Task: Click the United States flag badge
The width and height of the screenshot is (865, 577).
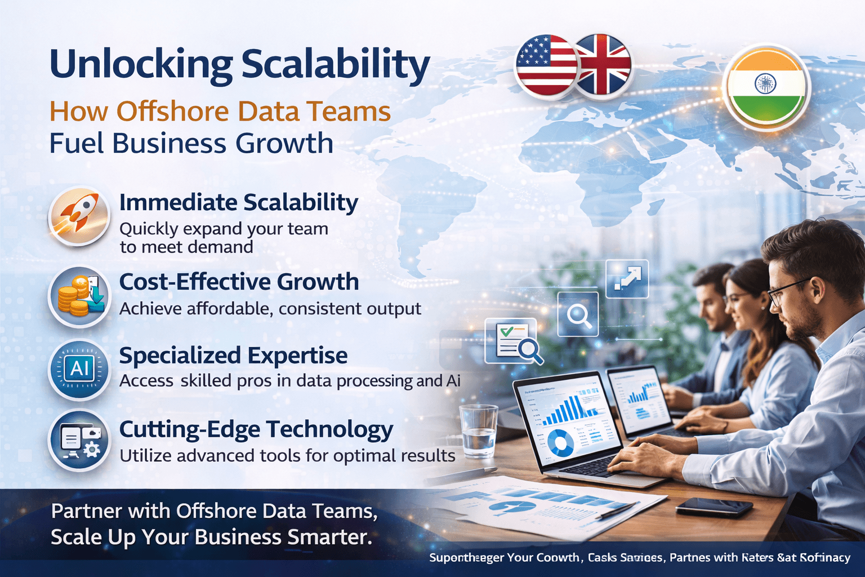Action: pos(545,65)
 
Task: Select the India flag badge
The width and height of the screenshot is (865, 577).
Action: pos(766,87)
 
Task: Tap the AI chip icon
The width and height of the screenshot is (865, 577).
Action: pos(79,369)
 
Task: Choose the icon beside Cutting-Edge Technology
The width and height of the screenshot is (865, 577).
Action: pos(79,440)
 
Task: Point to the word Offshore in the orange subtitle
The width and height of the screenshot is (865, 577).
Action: pos(172,111)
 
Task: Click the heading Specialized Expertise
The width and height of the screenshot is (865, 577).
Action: pos(233,356)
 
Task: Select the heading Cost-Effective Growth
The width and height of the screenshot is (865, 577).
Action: pos(239,282)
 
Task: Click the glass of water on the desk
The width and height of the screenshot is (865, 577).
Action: pos(479,430)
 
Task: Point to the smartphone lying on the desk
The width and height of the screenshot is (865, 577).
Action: pos(714,507)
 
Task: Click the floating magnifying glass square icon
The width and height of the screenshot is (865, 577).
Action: pos(578,314)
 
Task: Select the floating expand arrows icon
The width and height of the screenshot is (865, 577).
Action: pos(627,278)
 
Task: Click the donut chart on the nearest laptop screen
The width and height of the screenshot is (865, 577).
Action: pos(560,442)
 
